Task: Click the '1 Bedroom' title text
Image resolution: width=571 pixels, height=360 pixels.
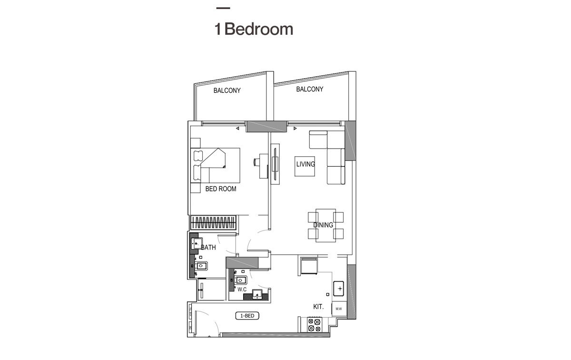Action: [x=254, y=29]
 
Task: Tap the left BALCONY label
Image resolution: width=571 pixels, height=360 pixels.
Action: [x=227, y=90]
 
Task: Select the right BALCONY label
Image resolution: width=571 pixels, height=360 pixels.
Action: [x=309, y=89]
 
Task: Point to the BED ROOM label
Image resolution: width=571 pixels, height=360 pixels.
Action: [x=221, y=189]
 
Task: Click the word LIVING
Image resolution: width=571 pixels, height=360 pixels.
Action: [x=305, y=164]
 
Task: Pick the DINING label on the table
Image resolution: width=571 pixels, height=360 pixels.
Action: [x=323, y=225]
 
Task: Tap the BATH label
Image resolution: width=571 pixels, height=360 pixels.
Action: [x=208, y=248]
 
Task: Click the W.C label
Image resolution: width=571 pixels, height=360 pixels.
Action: [x=242, y=290]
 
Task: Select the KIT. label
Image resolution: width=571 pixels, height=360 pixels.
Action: [x=318, y=307]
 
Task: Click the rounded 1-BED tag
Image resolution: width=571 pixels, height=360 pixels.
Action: [x=247, y=316]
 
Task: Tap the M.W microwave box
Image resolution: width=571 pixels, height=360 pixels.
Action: [x=339, y=309]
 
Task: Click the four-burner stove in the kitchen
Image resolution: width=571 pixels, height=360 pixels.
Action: [x=314, y=325]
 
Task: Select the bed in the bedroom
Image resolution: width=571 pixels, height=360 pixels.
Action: [x=215, y=165]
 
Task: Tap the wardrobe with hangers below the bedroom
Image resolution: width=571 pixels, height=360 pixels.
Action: [x=214, y=222]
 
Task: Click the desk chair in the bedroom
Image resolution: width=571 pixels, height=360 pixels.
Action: [x=257, y=162]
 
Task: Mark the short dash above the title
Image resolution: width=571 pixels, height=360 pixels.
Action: [x=223, y=8]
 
